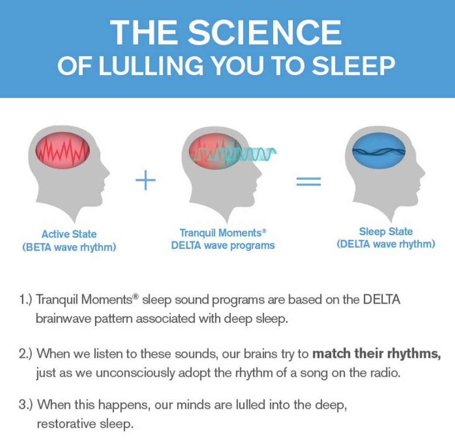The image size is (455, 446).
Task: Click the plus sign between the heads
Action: tap(146, 180)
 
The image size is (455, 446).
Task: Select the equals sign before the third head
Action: tap(309, 181)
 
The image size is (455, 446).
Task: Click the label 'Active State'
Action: tap(69, 234)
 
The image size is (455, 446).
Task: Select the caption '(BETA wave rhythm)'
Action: tap(69, 247)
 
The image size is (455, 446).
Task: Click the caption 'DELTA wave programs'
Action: tap(223, 245)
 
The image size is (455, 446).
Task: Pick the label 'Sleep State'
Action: tap(386, 232)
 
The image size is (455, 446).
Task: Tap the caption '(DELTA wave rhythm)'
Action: tap(386, 244)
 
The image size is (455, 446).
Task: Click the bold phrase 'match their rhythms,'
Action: tap(376, 354)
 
